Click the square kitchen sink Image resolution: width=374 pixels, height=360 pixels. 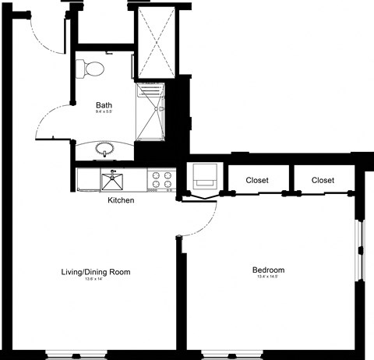pos(115,182)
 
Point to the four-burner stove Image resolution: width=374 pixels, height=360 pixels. pos(162,180)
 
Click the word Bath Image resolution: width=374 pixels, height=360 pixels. pos(104,105)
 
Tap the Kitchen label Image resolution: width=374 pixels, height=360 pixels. pos(121,200)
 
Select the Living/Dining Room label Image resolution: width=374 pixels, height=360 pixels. pos(95,272)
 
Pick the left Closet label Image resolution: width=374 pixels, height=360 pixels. pos(257,180)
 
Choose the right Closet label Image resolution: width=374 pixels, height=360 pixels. pos(323,180)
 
